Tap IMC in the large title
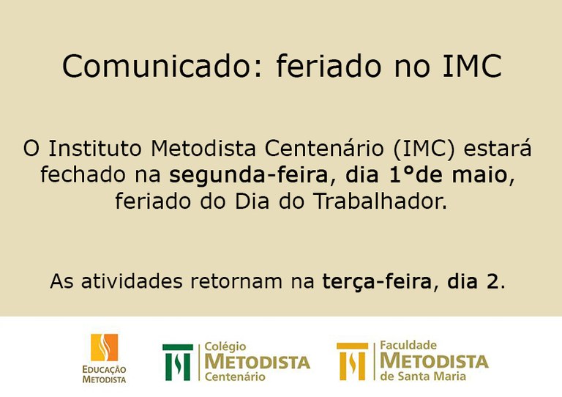pos(473,66)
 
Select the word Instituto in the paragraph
pos(95,148)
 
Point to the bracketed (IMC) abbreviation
pos(424,149)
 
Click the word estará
pos(498,148)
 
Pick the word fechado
pos(83,174)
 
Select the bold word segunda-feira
pos(249,175)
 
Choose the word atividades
pos(132,281)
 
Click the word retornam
pos(236,281)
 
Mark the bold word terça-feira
pos(377,281)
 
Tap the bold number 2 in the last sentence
pos(492,281)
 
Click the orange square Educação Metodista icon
pos(105,347)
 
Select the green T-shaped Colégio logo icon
pos(178,362)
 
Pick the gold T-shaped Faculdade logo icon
pos(352,361)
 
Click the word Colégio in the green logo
pos(225,346)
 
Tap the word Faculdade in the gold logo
pos(408,345)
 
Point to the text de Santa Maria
pos(423,376)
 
